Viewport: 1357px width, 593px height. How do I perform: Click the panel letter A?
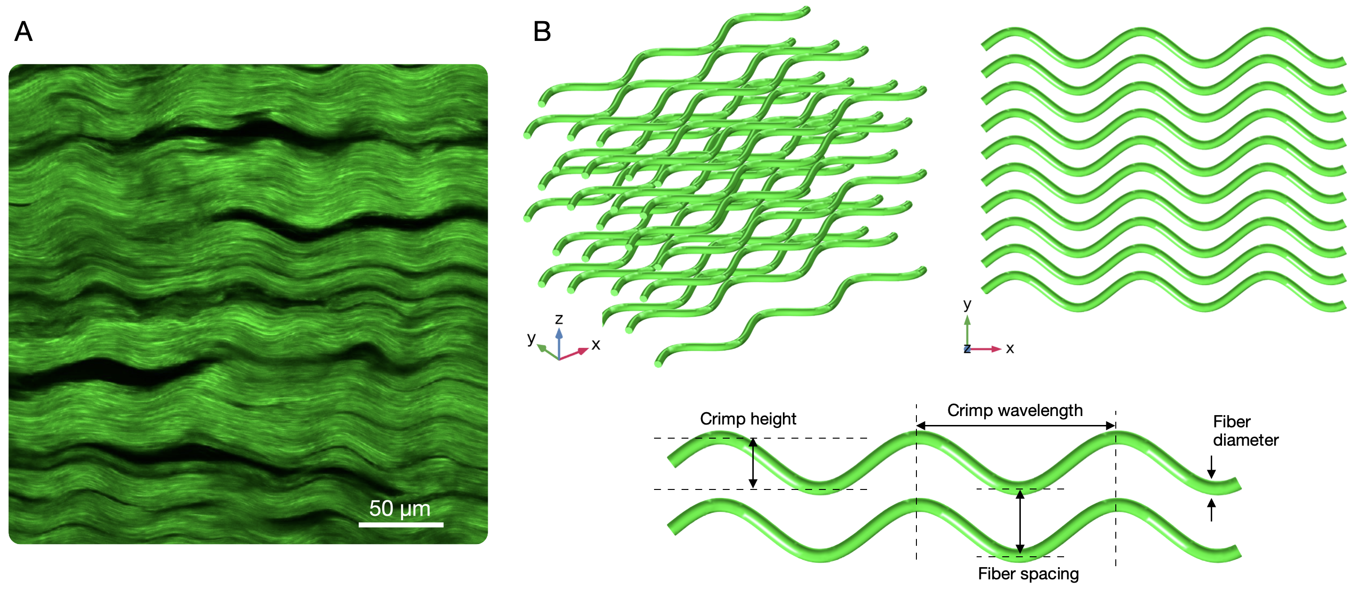click(23, 32)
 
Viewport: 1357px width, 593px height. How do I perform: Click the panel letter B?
click(542, 32)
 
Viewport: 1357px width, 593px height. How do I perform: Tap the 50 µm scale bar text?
click(400, 509)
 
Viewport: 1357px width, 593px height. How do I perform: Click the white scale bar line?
click(401, 524)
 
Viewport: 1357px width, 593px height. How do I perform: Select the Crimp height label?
click(748, 418)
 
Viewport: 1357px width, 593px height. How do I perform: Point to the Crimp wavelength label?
click(1015, 410)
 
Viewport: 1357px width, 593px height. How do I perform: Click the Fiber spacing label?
click(1028, 574)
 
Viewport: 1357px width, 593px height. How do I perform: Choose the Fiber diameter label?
click(1245, 431)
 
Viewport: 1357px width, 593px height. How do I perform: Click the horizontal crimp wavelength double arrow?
click(1016, 425)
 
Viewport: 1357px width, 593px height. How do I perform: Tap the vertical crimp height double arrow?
click(753, 463)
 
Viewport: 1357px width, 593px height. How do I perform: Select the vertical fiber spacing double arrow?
click(1020, 522)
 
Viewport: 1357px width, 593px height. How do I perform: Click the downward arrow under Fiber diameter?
click(1212, 466)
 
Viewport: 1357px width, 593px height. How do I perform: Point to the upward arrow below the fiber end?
click(1212, 510)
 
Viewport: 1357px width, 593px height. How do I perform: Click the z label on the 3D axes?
click(559, 319)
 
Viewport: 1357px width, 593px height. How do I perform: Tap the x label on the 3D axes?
click(596, 345)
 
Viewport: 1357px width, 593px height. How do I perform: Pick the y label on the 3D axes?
click(531, 338)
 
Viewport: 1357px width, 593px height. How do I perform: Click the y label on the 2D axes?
click(967, 304)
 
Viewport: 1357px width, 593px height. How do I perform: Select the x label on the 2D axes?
click(1010, 348)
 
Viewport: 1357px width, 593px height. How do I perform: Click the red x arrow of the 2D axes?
click(985, 349)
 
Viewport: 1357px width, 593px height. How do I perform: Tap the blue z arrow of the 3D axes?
click(559, 343)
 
